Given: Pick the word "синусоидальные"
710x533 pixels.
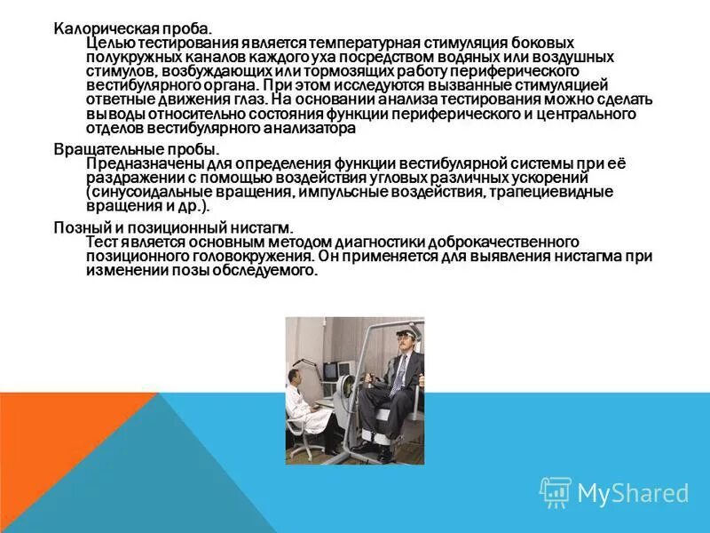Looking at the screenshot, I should (146, 192).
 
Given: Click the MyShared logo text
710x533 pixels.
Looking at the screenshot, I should (633, 493).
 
